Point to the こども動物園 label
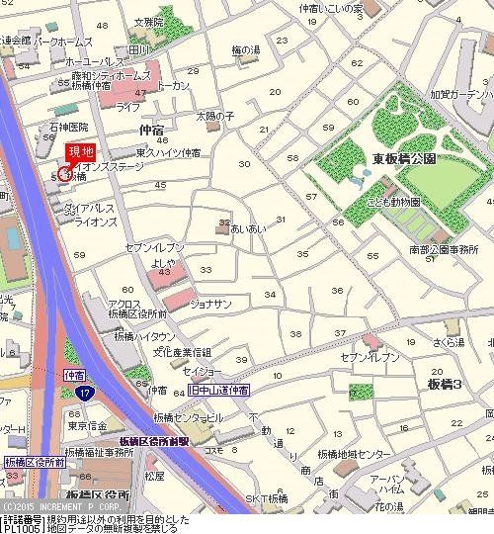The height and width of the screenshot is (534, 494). point(395,202)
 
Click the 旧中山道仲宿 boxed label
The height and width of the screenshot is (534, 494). point(218,391)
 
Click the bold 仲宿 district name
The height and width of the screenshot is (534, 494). point(151,130)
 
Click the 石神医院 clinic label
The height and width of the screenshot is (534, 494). point(69,128)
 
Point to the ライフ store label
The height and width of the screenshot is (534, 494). point(127,105)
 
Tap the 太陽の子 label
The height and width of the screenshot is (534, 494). point(214,116)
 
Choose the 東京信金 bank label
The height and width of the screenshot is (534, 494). point(88,425)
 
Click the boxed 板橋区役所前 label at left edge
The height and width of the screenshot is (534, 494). point(34,462)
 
